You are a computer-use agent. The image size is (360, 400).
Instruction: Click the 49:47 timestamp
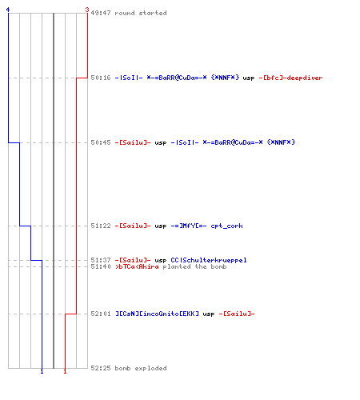pyautogui.click(x=101, y=13)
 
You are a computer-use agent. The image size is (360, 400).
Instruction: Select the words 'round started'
pyautogui.click(x=141, y=13)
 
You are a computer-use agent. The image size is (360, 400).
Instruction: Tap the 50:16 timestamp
pyautogui.click(x=101, y=78)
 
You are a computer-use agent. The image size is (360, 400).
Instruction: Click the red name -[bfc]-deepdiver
pyautogui.click(x=290, y=78)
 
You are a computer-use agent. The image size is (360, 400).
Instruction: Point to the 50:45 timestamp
pyautogui.click(x=101, y=142)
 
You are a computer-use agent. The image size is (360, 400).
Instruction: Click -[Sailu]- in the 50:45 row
pyautogui.click(x=133, y=142)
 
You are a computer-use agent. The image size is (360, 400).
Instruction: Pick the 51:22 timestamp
pyautogui.click(x=101, y=226)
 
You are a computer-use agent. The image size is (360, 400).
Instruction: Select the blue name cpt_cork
pyautogui.click(x=226, y=226)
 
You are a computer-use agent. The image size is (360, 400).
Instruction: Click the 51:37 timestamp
pyautogui.click(x=101, y=260)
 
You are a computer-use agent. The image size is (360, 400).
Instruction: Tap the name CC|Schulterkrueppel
pyautogui.click(x=209, y=260)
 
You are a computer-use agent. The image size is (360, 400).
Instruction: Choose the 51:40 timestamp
pyautogui.click(x=101, y=266)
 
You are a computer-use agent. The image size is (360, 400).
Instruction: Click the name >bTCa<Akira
pyautogui.click(x=137, y=266)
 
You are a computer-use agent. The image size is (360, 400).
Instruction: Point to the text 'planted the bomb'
pyautogui.click(x=194, y=266)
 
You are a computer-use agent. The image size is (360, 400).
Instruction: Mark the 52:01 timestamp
pyautogui.click(x=101, y=314)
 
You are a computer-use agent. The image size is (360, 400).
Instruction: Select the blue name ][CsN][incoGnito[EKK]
pyautogui.click(x=157, y=314)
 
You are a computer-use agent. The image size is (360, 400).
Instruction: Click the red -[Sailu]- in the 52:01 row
pyautogui.click(x=237, y=314)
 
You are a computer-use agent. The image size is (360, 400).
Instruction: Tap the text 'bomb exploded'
pyautogui.click(x=141, y=368)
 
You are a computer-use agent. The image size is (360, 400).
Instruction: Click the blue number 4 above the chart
pyautogui.click(x=8, y=10)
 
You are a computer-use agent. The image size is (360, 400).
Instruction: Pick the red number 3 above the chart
pyautogui.click(x=87, y=10)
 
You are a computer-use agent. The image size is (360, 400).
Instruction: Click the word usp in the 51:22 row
pyautogui.click(x=161, y=226)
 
